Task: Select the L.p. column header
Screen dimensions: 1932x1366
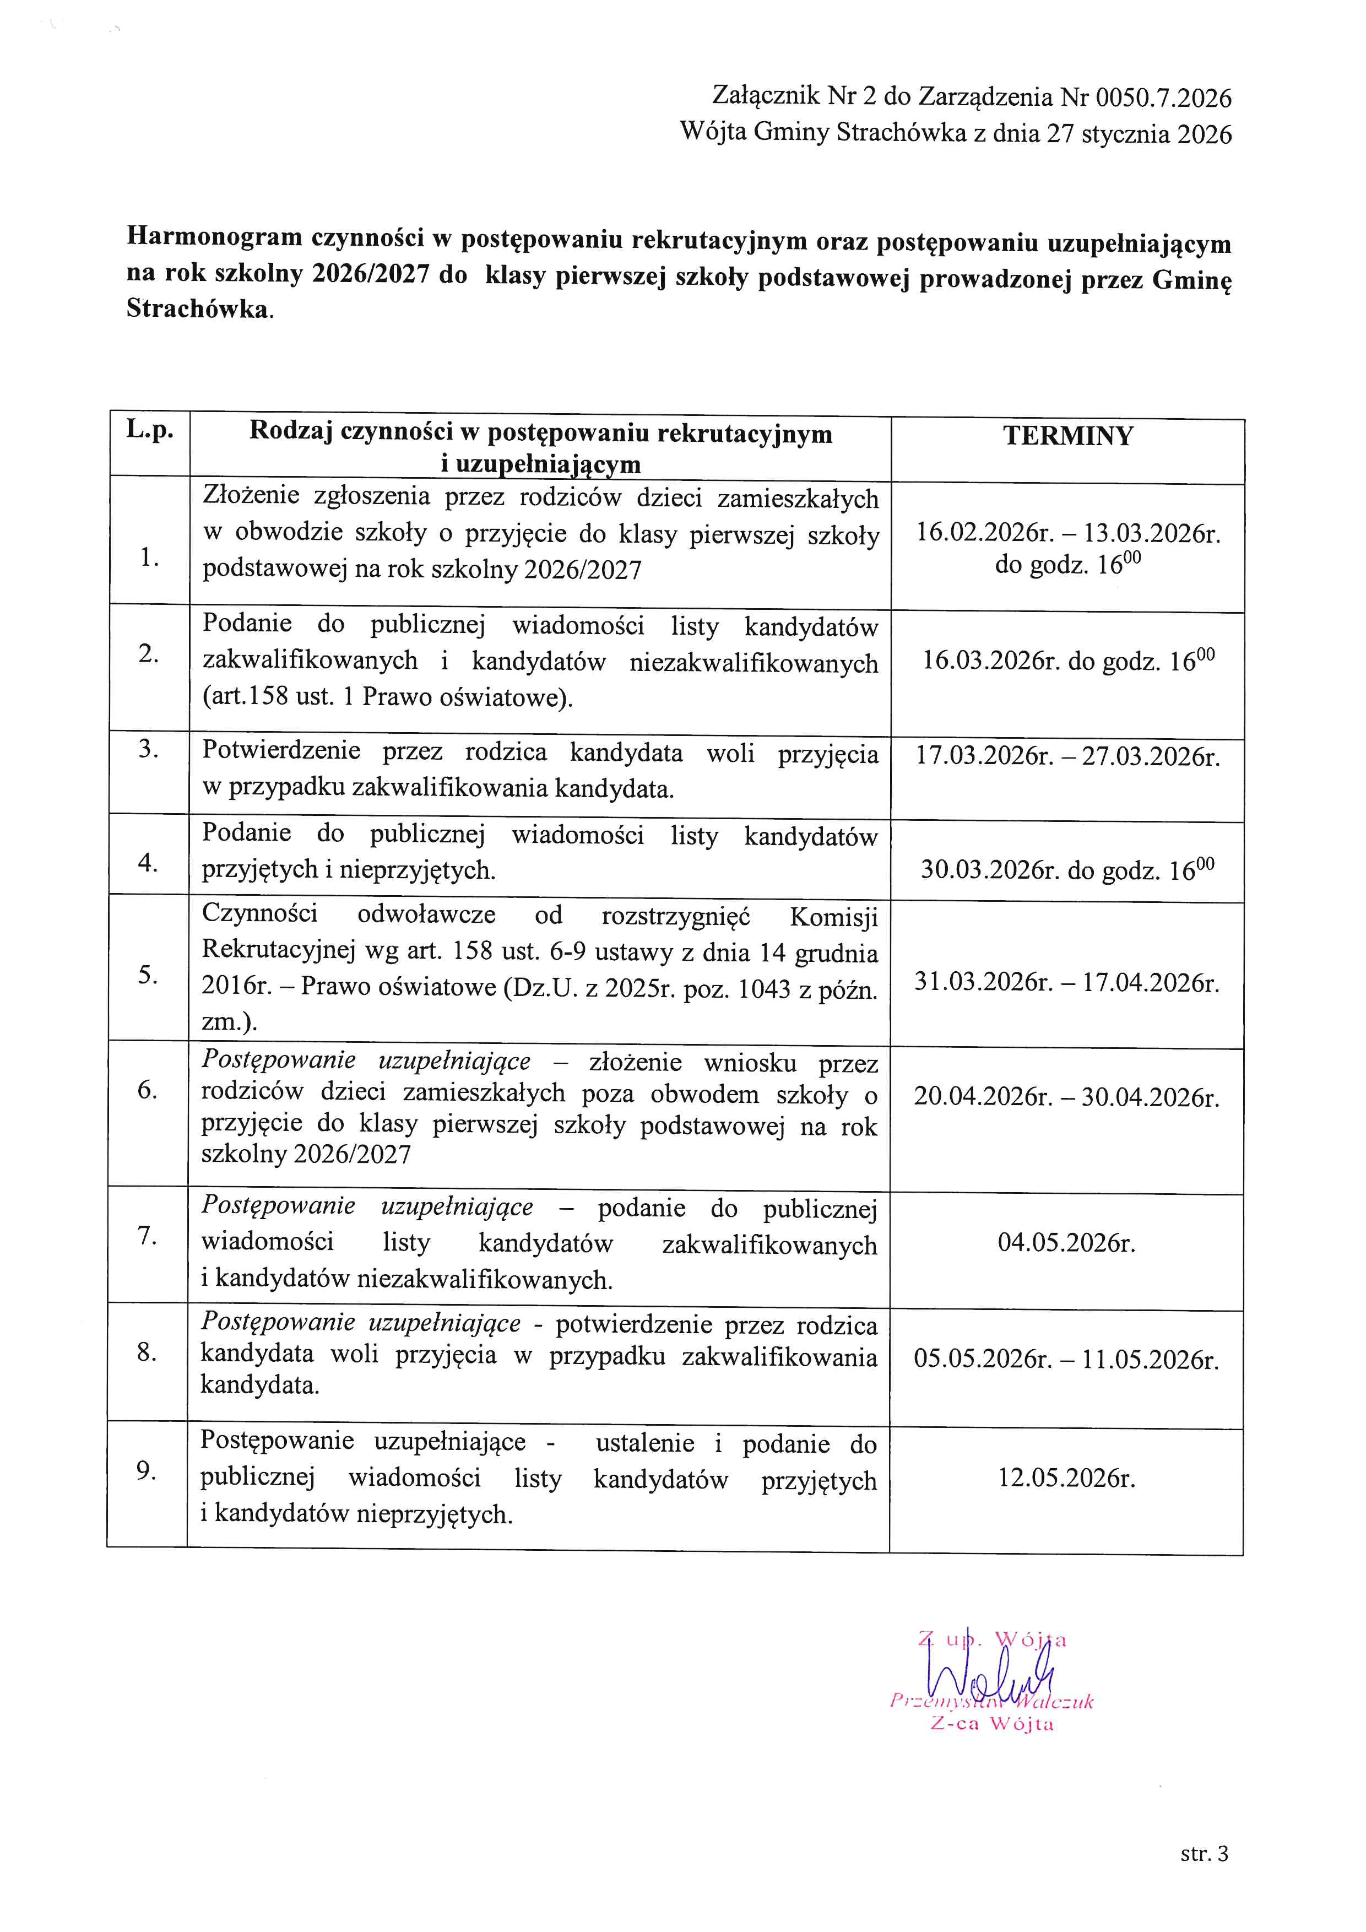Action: point(150,430)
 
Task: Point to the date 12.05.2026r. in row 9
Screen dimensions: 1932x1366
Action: point(1066,1479)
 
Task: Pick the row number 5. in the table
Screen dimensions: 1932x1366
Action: point(148,975)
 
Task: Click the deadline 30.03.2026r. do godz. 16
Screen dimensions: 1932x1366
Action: point(1066,869)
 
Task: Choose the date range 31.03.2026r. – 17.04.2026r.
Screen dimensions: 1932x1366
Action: point(1066,983)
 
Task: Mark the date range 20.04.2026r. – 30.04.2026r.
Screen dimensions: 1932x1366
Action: point(1066,1097)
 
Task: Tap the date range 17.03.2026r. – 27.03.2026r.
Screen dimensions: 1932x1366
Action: point(1066,756)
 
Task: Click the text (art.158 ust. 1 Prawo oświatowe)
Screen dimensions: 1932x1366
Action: point(387,697)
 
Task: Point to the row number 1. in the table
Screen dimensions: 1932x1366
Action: point(150,557)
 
